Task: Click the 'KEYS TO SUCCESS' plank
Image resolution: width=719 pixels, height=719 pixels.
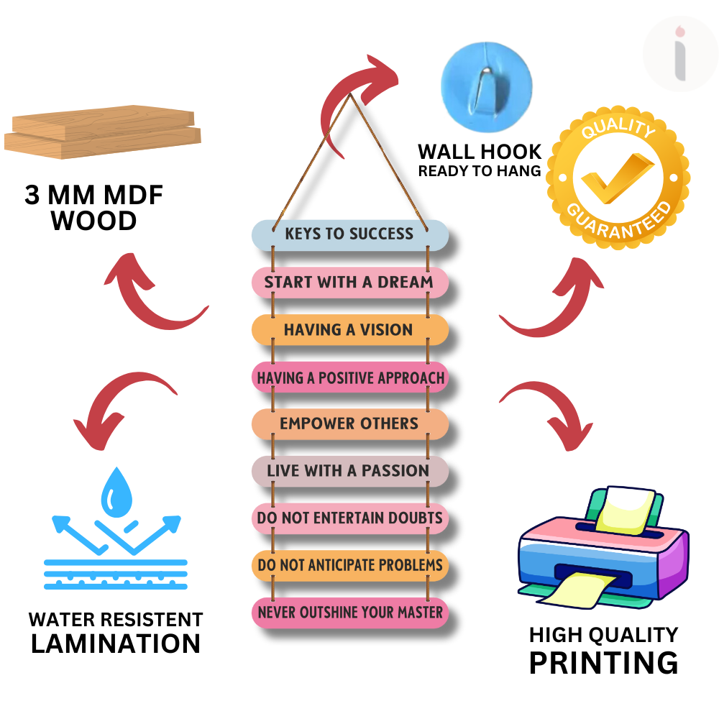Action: coord(349,234)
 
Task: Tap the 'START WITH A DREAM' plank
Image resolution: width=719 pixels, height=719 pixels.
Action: coord(349,283)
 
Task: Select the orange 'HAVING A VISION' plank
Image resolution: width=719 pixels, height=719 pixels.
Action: coord(349,330)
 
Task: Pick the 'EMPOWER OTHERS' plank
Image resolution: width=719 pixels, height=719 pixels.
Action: coord(349,423)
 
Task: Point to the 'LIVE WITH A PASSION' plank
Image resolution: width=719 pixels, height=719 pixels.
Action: coord(349,471)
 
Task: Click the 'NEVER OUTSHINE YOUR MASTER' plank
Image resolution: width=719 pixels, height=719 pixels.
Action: coord(349,613)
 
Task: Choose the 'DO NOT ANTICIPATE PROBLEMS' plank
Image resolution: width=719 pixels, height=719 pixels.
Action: coord(349,565)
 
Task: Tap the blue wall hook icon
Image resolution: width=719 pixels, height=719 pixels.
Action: coord(486,84)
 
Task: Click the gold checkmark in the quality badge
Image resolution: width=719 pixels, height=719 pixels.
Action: coord(617,178)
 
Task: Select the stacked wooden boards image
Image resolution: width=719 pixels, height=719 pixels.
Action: coord(102,133)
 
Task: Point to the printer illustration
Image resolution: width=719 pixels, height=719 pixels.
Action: coord(603,548)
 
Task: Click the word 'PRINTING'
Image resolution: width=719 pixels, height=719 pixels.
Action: coord(603,662)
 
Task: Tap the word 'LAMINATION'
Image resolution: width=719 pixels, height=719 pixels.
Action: coord(116,644)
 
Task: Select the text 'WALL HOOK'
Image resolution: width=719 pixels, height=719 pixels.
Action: coord(480,152)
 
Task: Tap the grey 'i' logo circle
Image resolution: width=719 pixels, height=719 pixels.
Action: coord(679,55)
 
